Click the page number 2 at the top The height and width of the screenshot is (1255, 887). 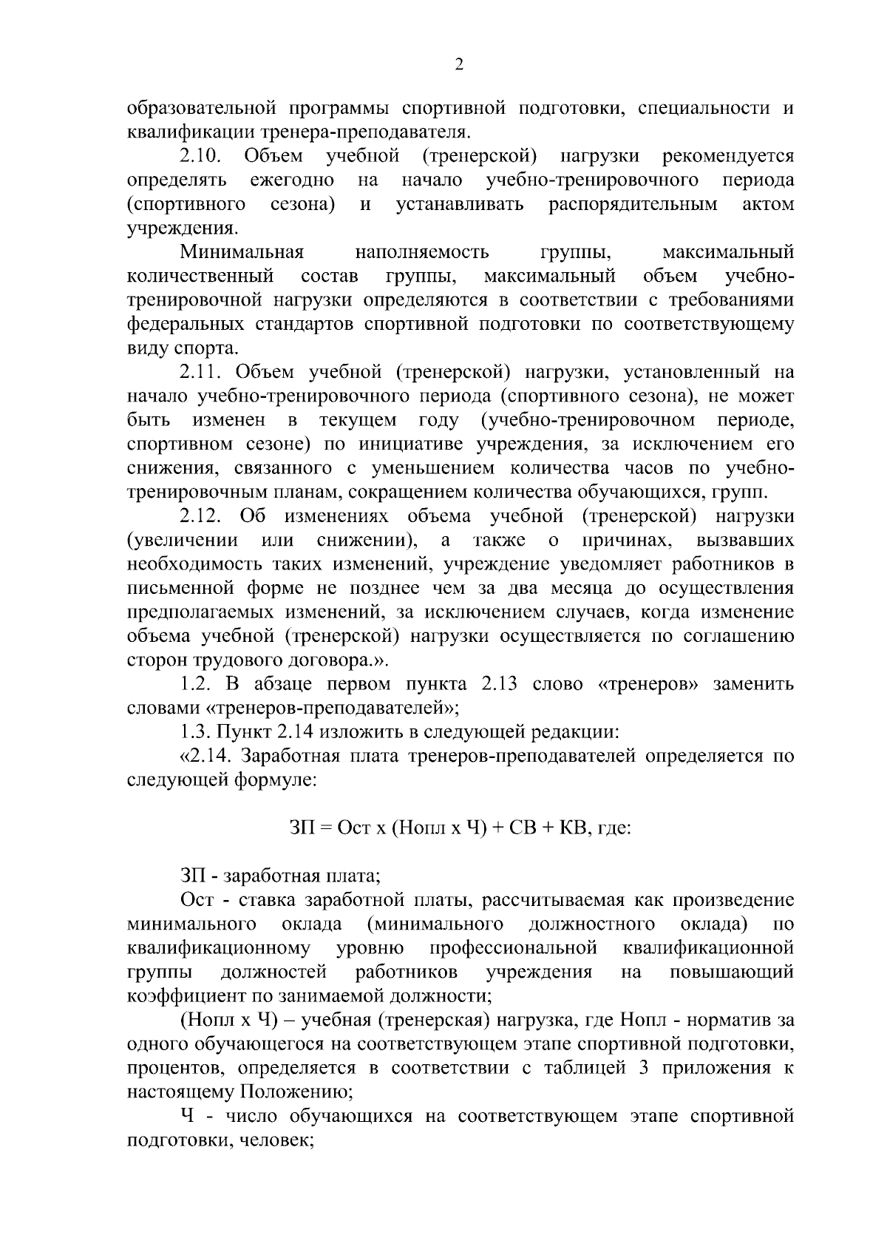pyautogui.click(x=458, y=65)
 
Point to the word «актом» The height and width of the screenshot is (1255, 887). pyautogui.click(x=768, y=204)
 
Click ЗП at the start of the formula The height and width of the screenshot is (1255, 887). pyautogui.click(x=301, y=828)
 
